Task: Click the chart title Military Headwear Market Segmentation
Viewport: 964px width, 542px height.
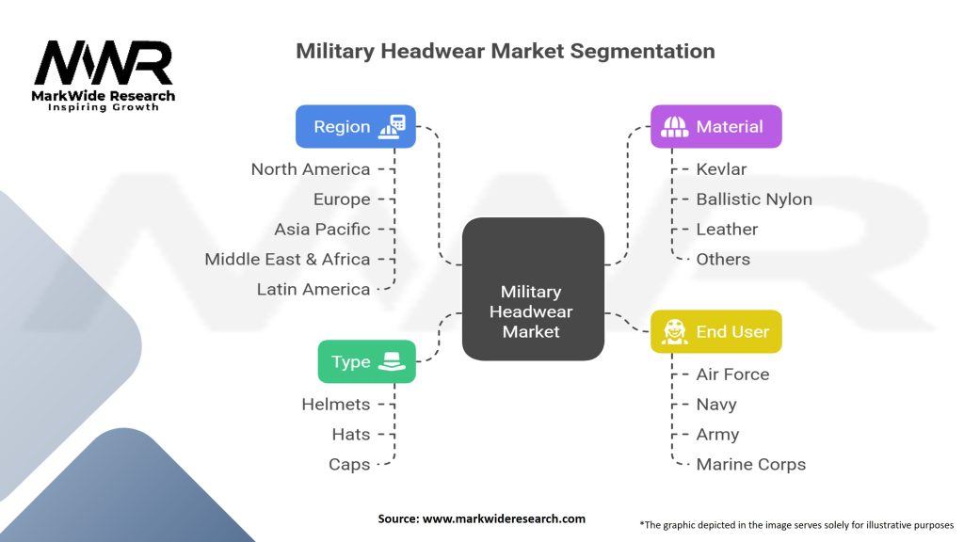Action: coord(505,51)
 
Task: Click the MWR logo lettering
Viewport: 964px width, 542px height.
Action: coord(104,64)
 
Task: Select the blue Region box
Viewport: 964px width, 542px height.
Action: coord(355,126)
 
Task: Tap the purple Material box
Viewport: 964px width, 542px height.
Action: coord(715,126)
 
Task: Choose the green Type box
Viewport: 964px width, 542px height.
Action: coord(366,361)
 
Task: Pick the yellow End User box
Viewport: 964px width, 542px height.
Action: coord(715,331)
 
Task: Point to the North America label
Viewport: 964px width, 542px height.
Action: coord(310,169)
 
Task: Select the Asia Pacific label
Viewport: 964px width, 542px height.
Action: coord(322,229)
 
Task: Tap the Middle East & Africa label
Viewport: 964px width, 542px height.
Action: coord(287,259)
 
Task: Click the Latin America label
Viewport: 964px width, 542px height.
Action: coord(313,289)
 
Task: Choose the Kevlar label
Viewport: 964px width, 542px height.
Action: coord(721,169)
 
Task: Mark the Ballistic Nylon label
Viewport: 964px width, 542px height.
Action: coord(753,199)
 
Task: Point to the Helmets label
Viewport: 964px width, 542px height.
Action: coord(335,405)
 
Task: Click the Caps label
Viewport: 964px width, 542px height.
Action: coord(348,464)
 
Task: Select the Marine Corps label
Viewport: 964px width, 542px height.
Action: coord(750,464)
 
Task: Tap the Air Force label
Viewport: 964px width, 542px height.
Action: coord(732,375)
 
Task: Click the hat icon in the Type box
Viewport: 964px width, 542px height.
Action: coord(391,361)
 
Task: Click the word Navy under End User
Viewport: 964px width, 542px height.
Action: coord(715,405)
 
